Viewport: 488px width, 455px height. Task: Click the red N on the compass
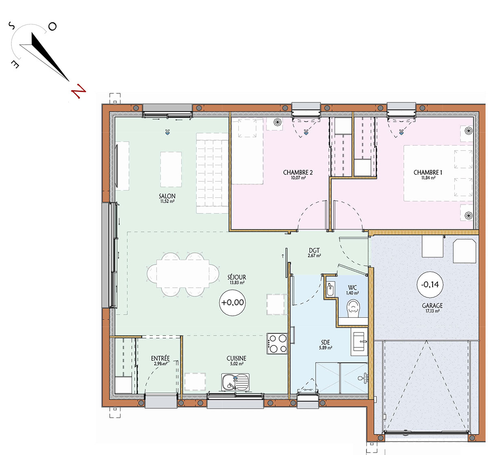(x=78, y=91)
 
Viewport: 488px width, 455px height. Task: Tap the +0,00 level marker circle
(x=233, y=302)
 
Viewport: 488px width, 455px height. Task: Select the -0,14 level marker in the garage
(x=430, y=285)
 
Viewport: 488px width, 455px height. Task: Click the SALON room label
(x=167, y=196)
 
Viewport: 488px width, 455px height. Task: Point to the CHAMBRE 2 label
(x=298, y=173)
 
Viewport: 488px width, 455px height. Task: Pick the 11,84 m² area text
(x=428, y=178)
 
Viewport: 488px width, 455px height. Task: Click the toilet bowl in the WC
(x=353, y=308)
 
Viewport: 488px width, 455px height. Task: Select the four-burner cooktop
(x=277, y=343)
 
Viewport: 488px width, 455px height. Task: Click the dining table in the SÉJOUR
(x=183, y=274)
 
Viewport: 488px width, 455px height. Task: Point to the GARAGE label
(x=432, y=306)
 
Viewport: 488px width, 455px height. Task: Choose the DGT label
(x=314, y=250)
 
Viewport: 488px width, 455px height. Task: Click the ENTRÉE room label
(x=160, y=358)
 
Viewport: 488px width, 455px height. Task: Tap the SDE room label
(x=325, y=342)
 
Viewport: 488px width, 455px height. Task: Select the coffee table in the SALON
(x=171, y=170)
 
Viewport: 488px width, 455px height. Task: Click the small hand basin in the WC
(x=330, y=289)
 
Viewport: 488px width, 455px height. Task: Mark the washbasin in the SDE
(x=359, y=341)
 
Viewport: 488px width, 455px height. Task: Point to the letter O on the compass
(x=52, y=26)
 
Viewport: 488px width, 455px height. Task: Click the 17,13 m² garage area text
(x=432, y=311)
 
